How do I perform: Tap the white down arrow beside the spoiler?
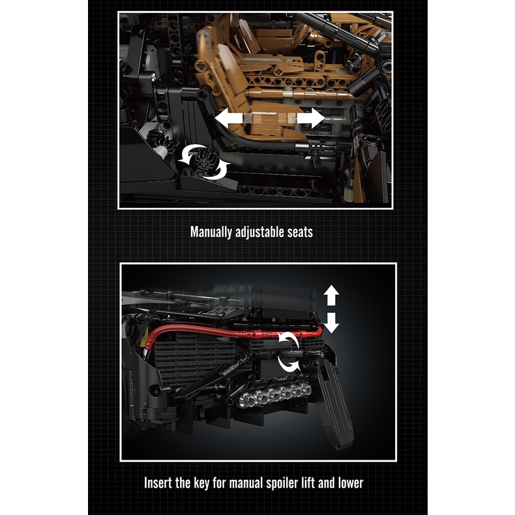coord(331,322)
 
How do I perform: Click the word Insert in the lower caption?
coord(159,483)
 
